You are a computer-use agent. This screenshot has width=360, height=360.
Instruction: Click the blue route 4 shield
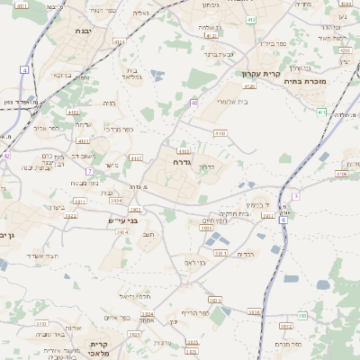[x=24, y=69]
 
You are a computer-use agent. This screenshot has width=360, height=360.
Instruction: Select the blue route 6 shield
[x=283, y=219]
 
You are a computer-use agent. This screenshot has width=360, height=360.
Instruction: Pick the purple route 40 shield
[x=194, y=103]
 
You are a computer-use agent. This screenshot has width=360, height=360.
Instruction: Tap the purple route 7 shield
[x=89, y=171]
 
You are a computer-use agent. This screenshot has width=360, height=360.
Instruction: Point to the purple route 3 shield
[x=294, y=195]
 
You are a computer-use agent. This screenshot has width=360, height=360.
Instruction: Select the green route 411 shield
[x=322, y=112]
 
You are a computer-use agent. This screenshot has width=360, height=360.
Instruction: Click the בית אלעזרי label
[x=231, y=102]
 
